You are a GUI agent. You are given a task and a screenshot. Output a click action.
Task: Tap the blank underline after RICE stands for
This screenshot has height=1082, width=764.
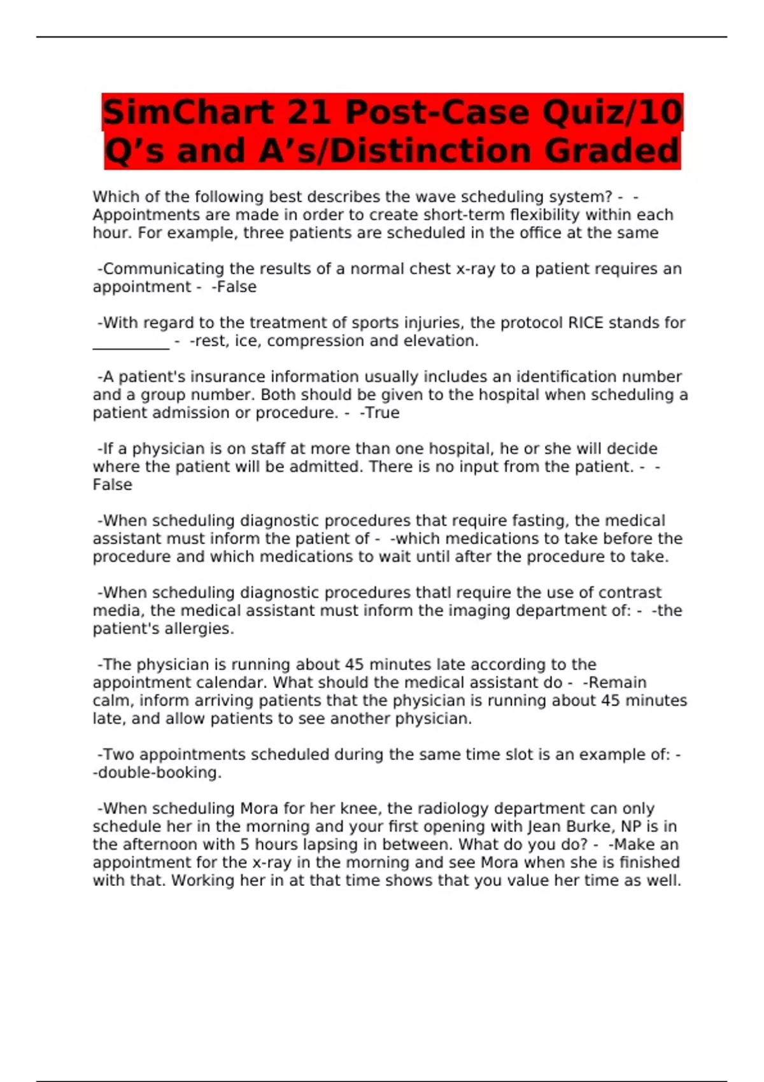[x=131, y=344]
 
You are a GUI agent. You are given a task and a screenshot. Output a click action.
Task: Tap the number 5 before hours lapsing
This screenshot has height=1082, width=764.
[x=244, y=845]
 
